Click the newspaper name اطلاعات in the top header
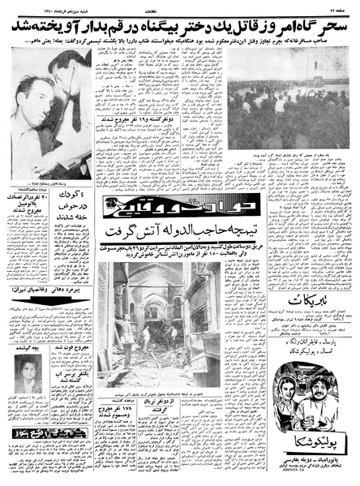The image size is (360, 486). [181, 6]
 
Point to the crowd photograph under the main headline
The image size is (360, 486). [281, 96]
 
